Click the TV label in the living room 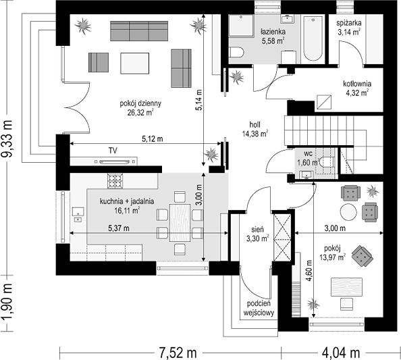(113, 151)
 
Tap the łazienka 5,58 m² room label (273, 36)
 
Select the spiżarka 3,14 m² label (349, 28)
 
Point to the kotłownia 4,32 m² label (357, 88)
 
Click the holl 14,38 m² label (255, 129)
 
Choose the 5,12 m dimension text (153, 139)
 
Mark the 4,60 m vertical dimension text (309, 271)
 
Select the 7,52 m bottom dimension (178, 353)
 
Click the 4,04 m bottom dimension (341, 353)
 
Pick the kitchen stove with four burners (115, 181)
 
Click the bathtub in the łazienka (313, 38)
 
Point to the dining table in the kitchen (180, 223)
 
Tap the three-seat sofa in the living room (139, 31)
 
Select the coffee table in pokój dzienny (135, 63)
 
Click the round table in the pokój (348, 212)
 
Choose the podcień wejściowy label (259, 308)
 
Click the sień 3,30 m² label (257, 234)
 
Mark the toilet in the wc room (327, 161)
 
